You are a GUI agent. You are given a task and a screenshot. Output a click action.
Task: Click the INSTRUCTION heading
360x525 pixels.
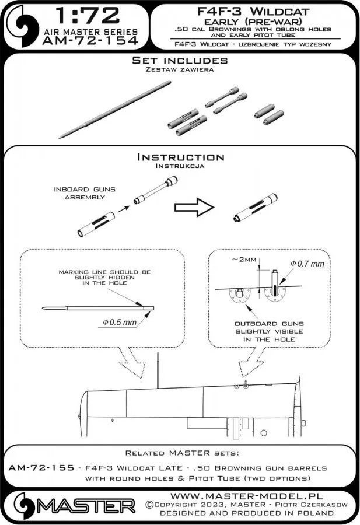(180, 157)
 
